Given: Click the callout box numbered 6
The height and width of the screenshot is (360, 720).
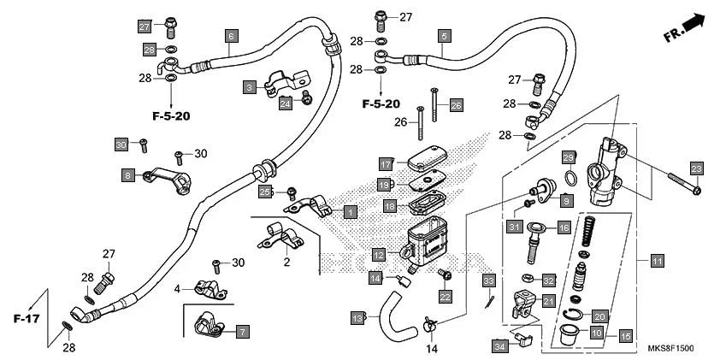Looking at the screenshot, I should [230, 36].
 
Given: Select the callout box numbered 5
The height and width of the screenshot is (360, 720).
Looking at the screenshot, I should [444, 36].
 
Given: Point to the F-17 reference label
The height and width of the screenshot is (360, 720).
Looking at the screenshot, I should [27, 318].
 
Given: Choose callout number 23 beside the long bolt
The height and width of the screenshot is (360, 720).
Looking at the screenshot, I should [696, 168].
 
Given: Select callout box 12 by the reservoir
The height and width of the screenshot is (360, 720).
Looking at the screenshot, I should [378, 254].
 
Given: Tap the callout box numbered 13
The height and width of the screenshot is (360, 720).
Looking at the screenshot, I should [357, 318].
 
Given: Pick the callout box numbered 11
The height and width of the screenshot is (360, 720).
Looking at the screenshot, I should [657, 261].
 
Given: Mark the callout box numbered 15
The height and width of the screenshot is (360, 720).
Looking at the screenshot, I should [625, 336].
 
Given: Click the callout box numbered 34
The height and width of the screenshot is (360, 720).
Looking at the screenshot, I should [500, 345].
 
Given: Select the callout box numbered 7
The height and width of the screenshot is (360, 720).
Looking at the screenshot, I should [242, 331].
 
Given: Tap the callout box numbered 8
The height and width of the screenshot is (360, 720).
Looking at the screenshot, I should [127, 175].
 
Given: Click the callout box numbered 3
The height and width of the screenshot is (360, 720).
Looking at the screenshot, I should [249, 87].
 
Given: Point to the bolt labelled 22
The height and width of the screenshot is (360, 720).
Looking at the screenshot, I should [444, 276].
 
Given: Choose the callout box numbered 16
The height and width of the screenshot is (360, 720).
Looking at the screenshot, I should [564, 228].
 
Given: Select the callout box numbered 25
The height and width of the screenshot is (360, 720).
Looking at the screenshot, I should [265, 192].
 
